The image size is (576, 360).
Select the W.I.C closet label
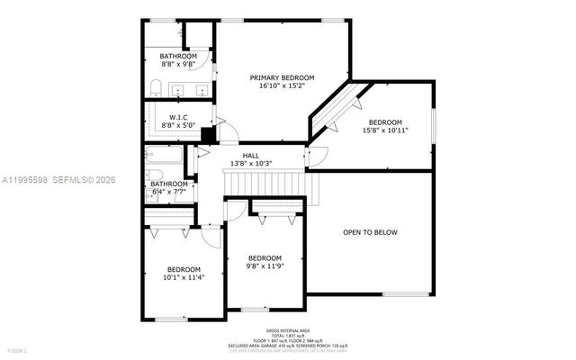coord(177,118)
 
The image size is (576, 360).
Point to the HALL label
coord(251,155)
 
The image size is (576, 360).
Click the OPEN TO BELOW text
coord(370,232)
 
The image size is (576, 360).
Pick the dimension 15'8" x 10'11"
coord(385,130)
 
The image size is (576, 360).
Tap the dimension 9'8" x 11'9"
coord(265,265)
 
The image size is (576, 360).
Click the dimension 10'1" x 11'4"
coord(183,278)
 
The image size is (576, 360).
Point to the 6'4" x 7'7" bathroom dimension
coord(168,192)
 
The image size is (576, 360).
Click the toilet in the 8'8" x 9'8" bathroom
coord(155,87)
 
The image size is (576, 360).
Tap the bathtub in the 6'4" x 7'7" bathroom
coord(166,166)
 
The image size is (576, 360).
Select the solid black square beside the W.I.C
coord(207,134)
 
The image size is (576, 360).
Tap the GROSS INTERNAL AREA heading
coord(287,331)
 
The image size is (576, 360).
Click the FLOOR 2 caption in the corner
coord(18,349)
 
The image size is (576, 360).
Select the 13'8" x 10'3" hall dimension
coord(251,163)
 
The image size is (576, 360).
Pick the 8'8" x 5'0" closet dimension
coord(177,126)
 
